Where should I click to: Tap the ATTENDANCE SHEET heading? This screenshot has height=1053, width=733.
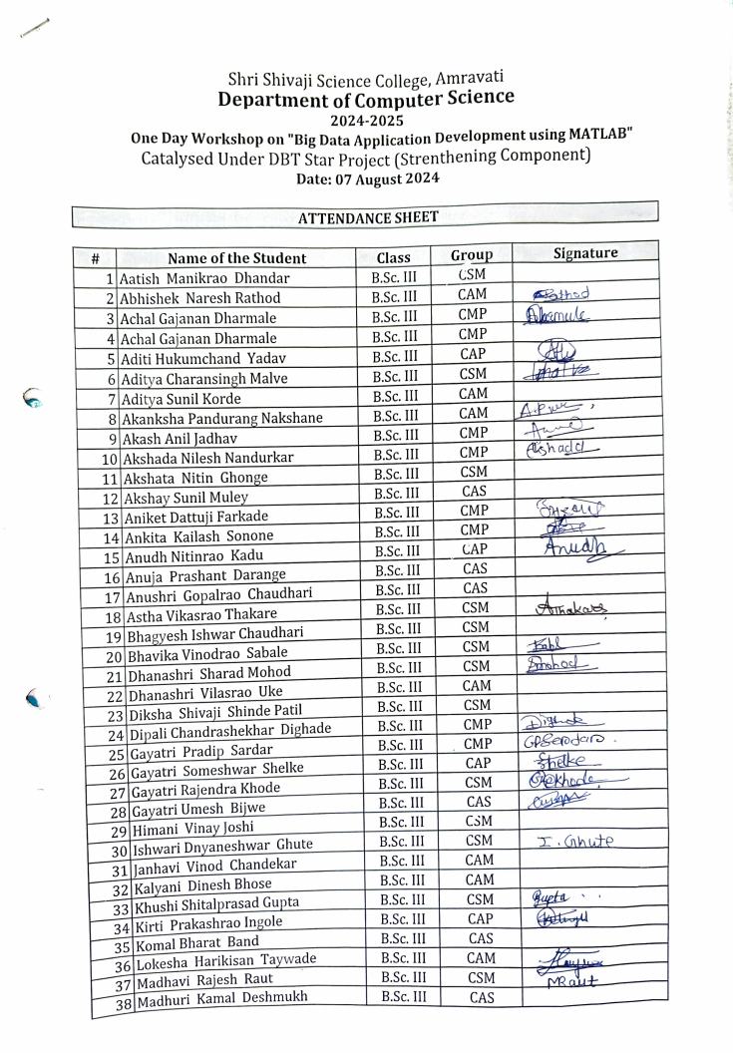368,216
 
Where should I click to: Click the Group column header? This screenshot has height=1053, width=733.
471,255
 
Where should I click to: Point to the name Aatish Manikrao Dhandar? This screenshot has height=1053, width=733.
204,278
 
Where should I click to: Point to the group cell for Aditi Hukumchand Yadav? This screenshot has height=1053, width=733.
473,354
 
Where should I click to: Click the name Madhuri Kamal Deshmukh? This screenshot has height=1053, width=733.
222,998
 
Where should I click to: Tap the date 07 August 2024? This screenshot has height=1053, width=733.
367,178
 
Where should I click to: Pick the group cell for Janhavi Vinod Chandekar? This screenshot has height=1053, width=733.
479,860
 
